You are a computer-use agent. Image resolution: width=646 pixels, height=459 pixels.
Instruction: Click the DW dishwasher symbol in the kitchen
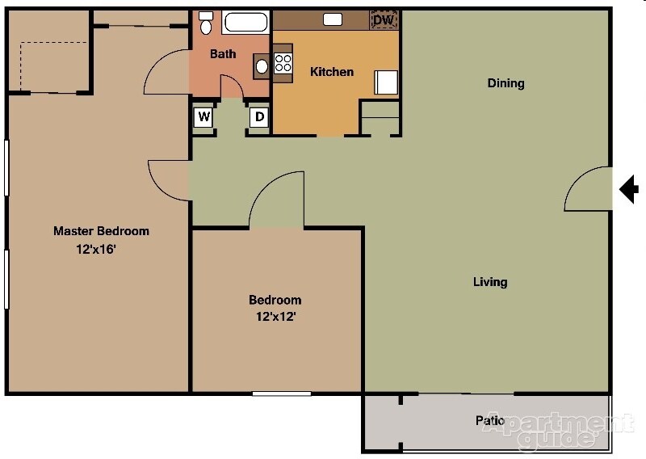pos(384,20)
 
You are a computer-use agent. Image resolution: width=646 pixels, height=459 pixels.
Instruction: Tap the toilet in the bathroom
pos(207,23)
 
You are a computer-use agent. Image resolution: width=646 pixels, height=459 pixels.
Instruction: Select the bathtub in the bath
pos(246,22)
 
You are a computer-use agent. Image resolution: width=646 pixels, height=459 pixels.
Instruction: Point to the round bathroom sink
pos(262,65)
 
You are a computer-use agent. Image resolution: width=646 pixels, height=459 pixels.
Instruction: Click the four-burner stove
pos(283,63)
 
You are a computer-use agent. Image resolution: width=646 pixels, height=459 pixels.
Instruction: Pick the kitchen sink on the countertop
pos(332,19)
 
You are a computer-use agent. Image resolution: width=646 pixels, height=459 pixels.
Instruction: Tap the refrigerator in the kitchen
pos(385,82)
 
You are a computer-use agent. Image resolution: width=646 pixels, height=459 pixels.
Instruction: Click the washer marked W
pos(204,117)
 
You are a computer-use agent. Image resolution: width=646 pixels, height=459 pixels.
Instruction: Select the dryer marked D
pos(259,117)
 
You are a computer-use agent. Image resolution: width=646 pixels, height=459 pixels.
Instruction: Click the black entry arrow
pos(629,190)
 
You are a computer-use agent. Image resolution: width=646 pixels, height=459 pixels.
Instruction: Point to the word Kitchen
pos(332,72)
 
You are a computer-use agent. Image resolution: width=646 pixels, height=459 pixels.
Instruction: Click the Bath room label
pos(223,54)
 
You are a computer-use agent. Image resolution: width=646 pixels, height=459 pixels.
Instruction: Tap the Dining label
pos(506,83)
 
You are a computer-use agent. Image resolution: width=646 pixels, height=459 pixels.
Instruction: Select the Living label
pos(490,282)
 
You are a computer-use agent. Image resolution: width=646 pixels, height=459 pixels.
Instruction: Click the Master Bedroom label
pos(101,231)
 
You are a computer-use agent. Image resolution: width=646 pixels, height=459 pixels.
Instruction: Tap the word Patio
pos(490,421)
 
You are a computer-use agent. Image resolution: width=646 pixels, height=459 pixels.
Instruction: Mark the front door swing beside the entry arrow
pos(588,191)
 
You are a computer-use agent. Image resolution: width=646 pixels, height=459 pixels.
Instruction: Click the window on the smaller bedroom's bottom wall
pos(281,394)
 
